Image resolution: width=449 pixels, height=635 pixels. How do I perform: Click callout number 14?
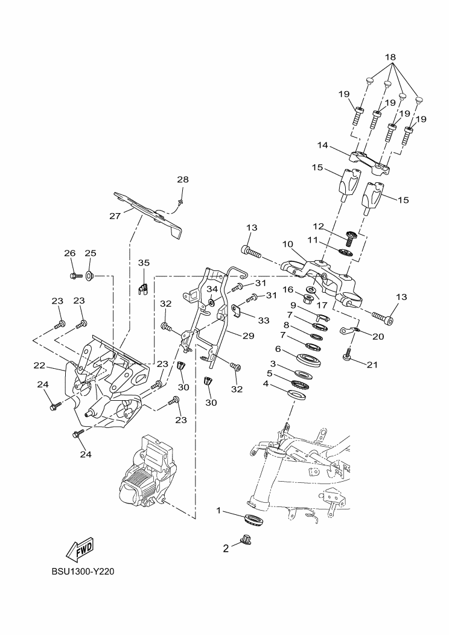click(x=322, y=145)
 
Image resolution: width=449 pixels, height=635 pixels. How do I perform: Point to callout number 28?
click(x=183, y=180)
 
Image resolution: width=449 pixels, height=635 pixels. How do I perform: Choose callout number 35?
click(x=143, y=263)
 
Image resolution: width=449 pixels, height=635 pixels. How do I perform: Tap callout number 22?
click(x=39, y=365)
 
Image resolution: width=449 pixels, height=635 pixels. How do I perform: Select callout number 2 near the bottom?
click(x=226, y=548)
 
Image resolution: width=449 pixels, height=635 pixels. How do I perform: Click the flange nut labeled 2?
click(x=245, y=540)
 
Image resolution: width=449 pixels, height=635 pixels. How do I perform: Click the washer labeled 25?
click(x=89, y=276)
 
